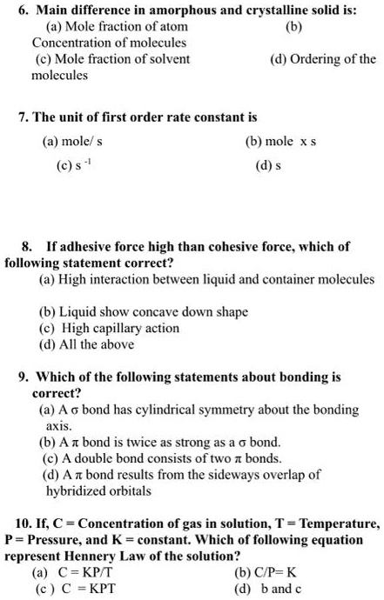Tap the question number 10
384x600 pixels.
coord(24,524)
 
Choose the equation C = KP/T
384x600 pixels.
coord(84,572)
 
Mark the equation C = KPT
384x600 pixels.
coord(84,588)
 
